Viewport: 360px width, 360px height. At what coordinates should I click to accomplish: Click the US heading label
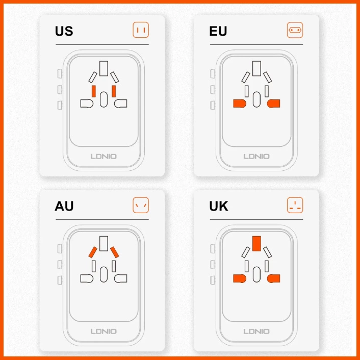(64, 31)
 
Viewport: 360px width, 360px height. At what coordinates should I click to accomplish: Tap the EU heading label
(218, 31)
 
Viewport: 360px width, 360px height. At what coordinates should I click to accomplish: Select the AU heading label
(64, 206)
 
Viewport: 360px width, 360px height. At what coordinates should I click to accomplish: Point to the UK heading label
(219, 206)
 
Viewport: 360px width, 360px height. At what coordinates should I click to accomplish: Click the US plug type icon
(141, 30)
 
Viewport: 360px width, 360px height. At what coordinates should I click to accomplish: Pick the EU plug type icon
(295, 30)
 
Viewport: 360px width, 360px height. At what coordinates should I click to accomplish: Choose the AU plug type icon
(141, 205)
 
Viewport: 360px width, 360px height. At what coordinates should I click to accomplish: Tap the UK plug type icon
(295, 205)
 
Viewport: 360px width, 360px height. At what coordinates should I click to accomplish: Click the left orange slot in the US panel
(94, 91)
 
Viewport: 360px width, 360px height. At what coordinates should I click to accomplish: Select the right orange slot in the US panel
(114, 91)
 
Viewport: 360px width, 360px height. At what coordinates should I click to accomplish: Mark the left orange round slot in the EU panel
(240, 104)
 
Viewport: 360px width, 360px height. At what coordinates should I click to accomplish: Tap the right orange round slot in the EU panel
(273, 104)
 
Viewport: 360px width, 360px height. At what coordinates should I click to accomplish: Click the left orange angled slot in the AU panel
(93, 252)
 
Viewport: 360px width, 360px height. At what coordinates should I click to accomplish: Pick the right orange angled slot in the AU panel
(114, 252)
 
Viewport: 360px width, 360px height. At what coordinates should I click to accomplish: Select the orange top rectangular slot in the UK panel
(256, 243)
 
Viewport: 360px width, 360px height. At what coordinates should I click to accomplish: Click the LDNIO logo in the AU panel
(104, 331)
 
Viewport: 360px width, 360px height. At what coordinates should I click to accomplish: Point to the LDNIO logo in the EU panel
(256, 157)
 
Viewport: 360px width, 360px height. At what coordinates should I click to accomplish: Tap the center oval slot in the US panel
(104, 99)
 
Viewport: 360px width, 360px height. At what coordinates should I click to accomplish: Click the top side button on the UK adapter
(213, 248)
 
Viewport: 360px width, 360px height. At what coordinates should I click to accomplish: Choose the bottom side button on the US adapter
(60, 105)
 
